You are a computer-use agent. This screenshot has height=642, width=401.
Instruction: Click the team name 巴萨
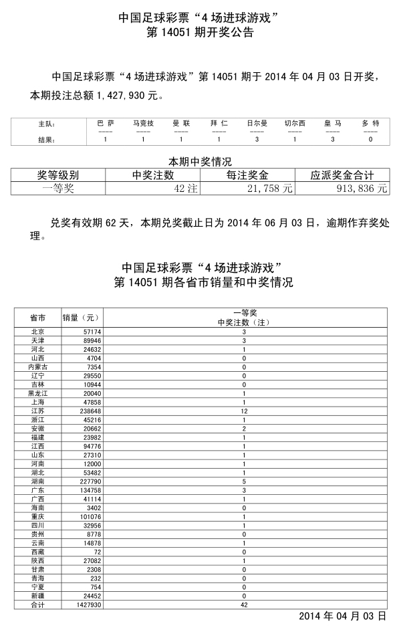pos(106,124)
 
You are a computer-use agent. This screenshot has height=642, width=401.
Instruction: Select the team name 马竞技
pos(143,124)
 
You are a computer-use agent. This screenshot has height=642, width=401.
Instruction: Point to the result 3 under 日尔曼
pos(257,140)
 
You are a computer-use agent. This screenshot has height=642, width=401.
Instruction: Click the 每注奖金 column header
pos(247,175)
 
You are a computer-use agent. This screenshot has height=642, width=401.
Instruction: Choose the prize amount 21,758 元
pos(271,189)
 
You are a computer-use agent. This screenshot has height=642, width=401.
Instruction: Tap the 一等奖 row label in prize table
pos(58,189)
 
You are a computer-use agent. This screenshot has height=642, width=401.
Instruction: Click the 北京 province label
pos(37,332)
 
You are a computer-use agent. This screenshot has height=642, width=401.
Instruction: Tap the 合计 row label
pos(37,605)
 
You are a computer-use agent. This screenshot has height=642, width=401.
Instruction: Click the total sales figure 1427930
pos(86,605)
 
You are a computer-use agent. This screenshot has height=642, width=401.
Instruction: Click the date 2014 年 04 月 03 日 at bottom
pos(342,616)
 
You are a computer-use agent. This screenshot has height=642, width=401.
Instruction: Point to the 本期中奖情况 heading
pos(200,162)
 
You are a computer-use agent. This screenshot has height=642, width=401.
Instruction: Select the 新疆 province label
pos(37,596)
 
